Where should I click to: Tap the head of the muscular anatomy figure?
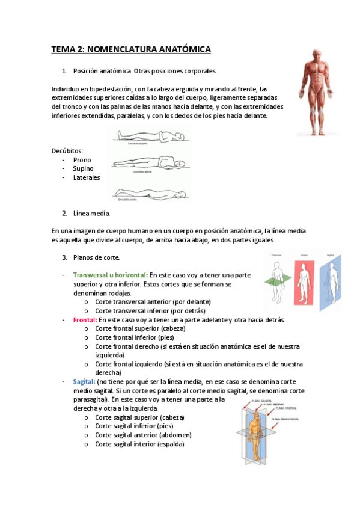pos(316,55)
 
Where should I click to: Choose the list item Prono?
pos(82,160)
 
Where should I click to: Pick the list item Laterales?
pos(87,177)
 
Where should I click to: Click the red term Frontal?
pos(85,319)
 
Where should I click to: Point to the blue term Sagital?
pos(84,381)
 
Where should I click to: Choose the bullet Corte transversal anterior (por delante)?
pos(153,301)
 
